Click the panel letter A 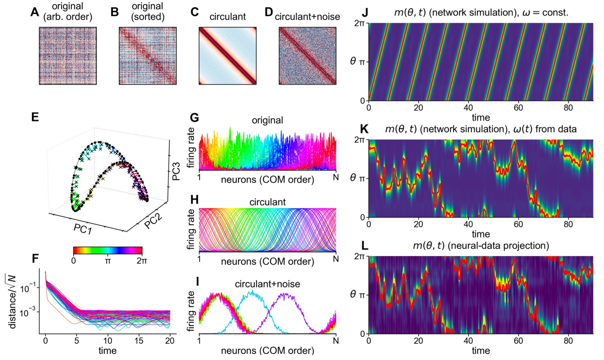(35, 12)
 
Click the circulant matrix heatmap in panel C (227, 56)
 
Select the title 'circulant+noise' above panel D (307, 16)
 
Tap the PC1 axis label (83, 229)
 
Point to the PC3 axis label (176, 171)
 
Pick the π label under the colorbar (108, 261)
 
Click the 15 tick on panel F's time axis (139, 341)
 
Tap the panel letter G (194, 118)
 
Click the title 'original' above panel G (267, 120)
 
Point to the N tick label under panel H (336, 259)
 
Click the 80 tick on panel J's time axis (568, 108)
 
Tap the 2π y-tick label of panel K (360, 140)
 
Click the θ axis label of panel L (353, 295)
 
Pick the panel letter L (364, 245)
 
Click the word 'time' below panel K (481, 234)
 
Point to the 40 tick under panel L (468, 341)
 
